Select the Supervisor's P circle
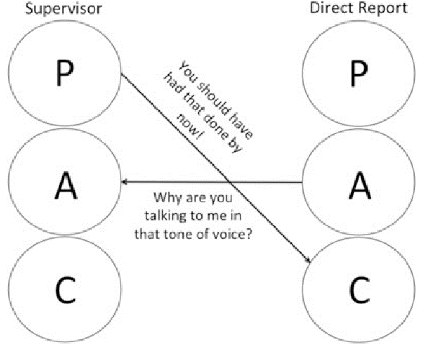coord(65,72)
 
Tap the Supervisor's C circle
coord(65,292)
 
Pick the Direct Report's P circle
coord(358,72)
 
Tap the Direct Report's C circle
coord(358,292)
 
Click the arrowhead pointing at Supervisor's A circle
coord(126,183)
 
